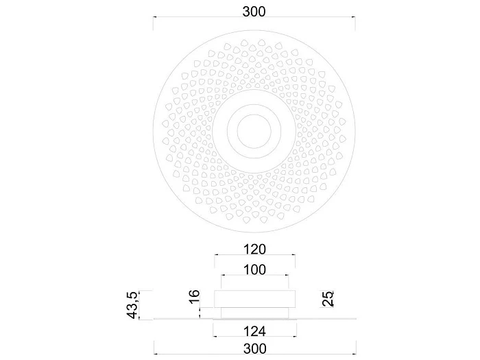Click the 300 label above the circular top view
(x=254, y=12)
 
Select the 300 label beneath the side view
(x=254, y=348)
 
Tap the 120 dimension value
(x=254, y=249)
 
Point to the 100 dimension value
(x=254, y=269)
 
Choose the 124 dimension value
(x=254, y=331)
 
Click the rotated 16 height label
(x=194, y=297)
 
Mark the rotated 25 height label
(x=328, y=298)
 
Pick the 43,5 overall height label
(x=133, y=305)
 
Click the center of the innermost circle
(x=254, y=131)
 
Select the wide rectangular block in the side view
(x=254, y=299)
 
